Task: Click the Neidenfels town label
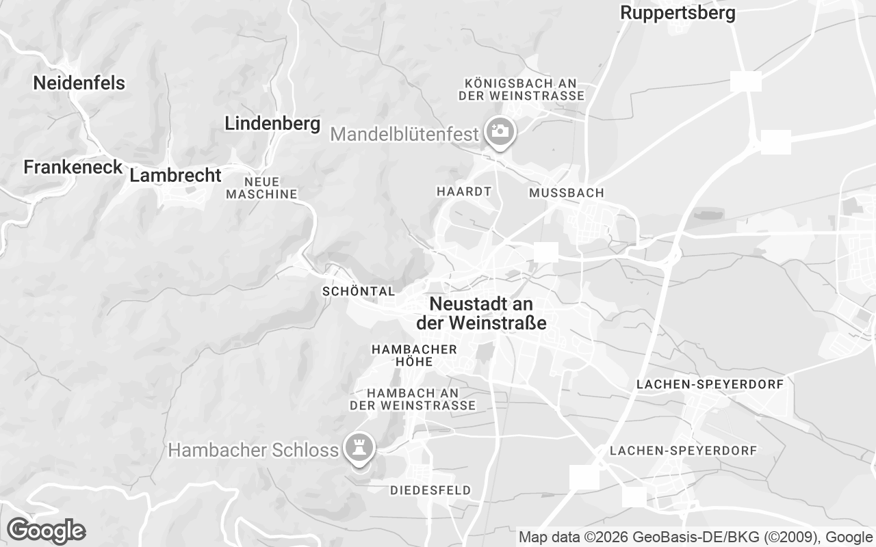[x=79, y=83]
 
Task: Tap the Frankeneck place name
[x=73, y=167]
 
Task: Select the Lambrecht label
[x=175, y=176]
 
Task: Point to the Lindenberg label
[x=272, y=124]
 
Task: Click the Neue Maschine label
[x=261, y=188]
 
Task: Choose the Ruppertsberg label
[x=678, y=13]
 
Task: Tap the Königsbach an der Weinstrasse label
[x=521, y=89]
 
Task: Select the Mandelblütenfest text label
[x=404, y=134]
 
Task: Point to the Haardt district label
[x=463, y=192]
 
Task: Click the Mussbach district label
[x=566, y=194]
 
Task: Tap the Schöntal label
[x=359, y=292]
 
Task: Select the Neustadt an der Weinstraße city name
[x=481, y=314]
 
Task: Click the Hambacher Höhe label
[x=413, y=356]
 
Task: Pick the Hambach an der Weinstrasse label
[x=412, y=399]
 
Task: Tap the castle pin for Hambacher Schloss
[x=359, y=448]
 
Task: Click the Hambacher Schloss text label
[x=253, y=450]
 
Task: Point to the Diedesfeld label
[x=430, y=490]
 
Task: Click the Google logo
[x=46, y=531]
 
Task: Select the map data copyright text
[x=695, y=537]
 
